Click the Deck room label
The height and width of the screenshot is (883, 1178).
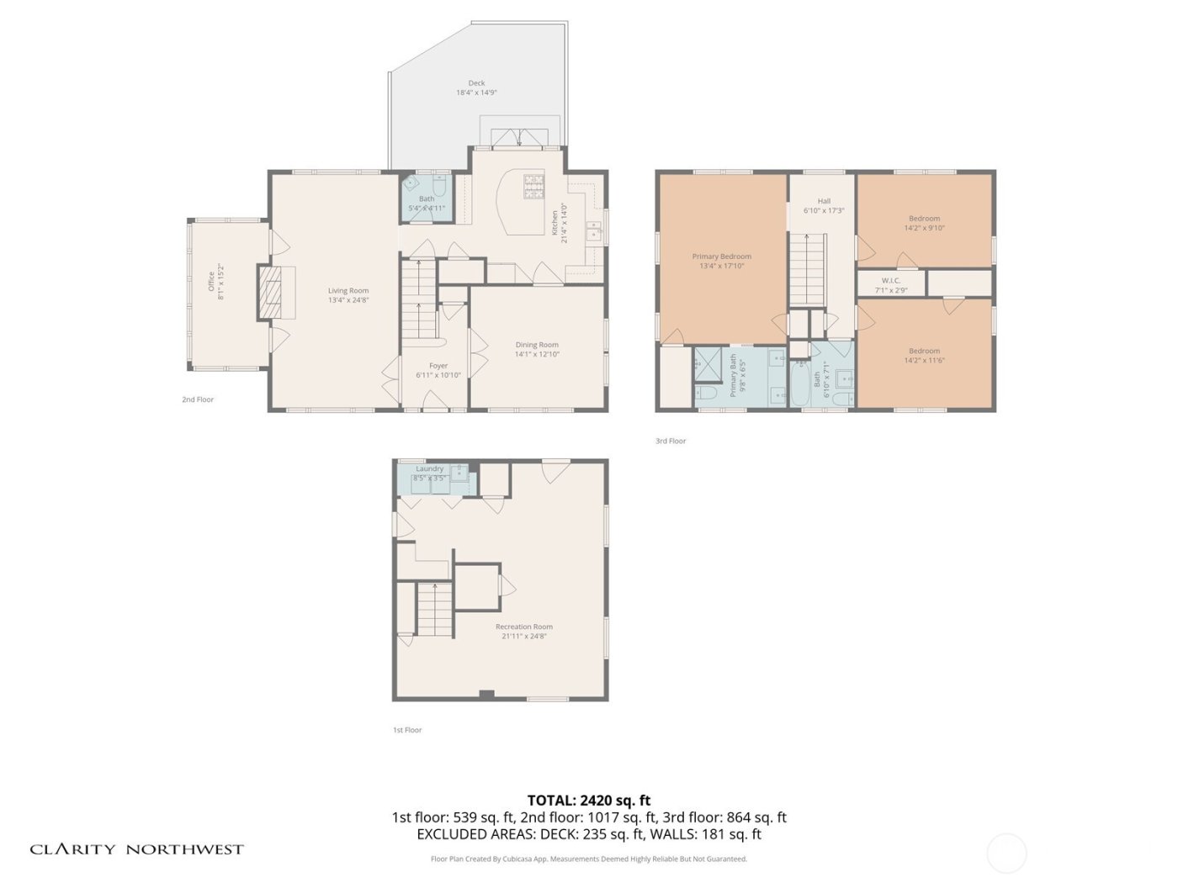[x=476, y=83]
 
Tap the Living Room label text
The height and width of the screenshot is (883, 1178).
[x=348, y=291]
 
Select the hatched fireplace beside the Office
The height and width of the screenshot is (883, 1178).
[x=270, y=292]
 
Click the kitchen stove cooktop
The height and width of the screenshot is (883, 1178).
[x=534, y=186]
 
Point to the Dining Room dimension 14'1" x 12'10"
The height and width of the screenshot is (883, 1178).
[x=537, y=355]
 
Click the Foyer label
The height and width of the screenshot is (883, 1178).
[x=438, y=366]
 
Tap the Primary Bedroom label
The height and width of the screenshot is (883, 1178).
[x=721, y=256]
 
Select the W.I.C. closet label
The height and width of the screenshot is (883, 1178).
[x=890, y=281]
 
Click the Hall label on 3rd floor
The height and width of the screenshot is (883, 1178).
[x=824, y=201]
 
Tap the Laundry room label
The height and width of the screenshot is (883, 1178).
[x=429, y=468]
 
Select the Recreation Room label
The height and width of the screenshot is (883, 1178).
[x=524, y=627]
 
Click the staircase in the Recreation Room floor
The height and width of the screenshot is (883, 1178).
[x=435, y=610]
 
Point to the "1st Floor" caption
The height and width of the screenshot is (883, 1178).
[x=407, y=730]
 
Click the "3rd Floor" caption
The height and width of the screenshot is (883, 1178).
[x=671, y=441]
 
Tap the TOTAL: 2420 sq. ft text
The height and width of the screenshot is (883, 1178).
[x=589, y=801]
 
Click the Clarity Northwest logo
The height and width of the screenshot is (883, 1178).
[x=136, y=849]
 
